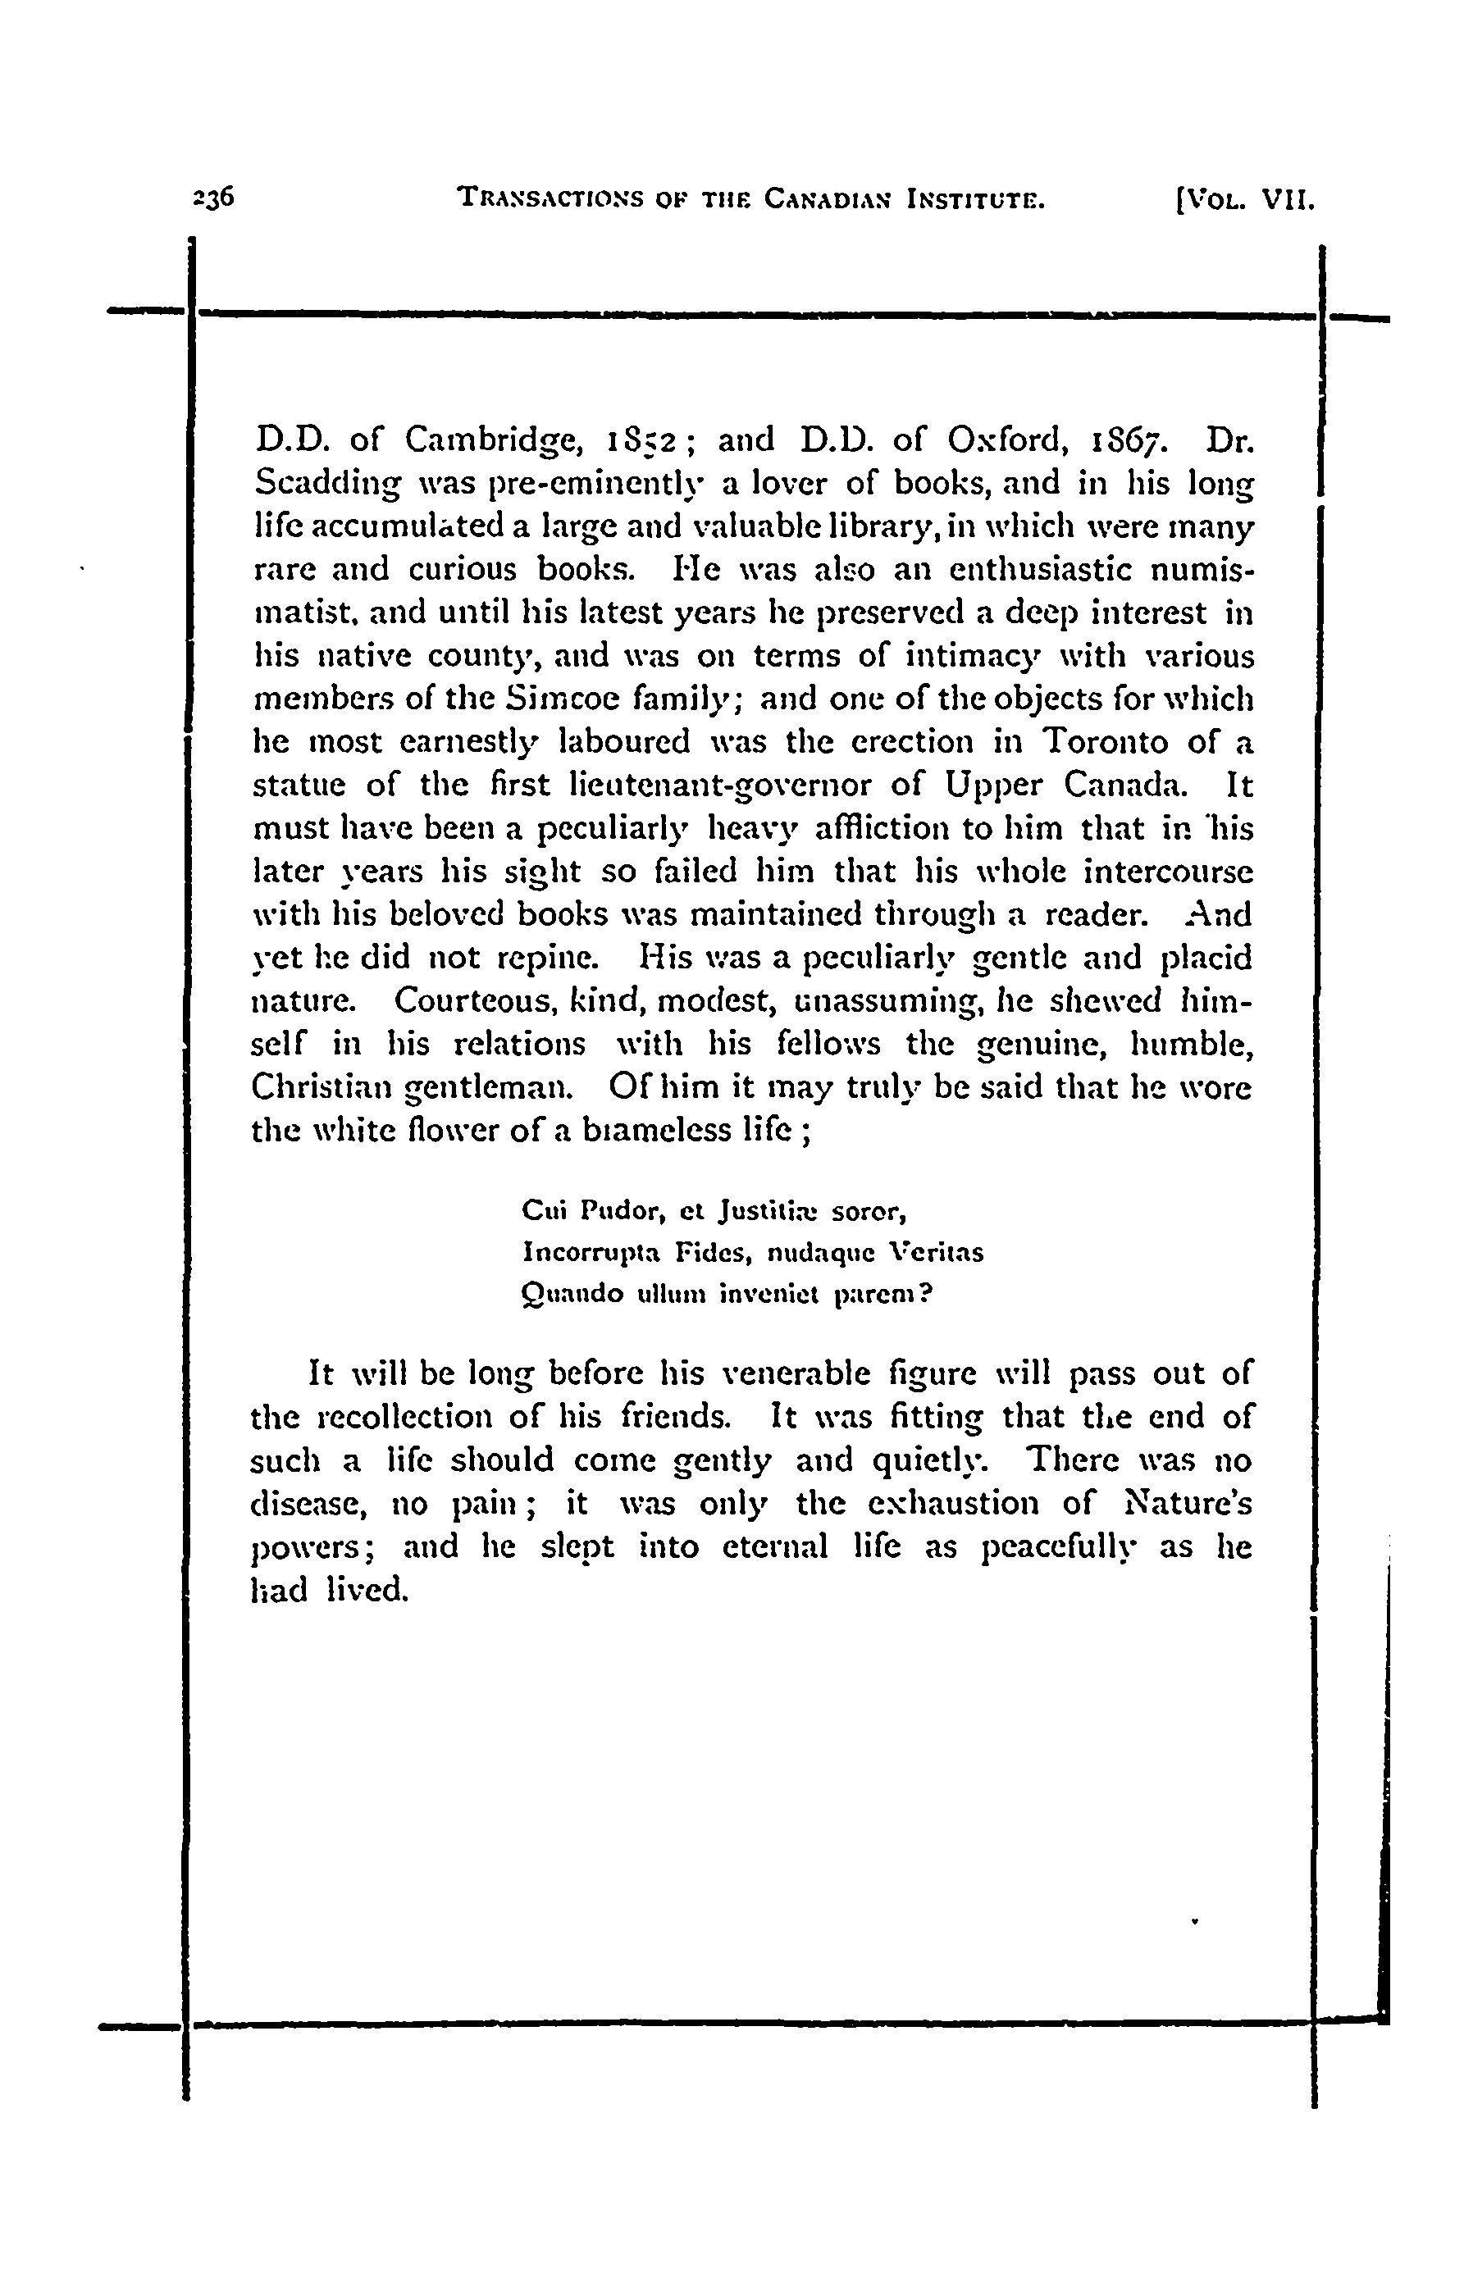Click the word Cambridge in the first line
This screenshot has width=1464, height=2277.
491,441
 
